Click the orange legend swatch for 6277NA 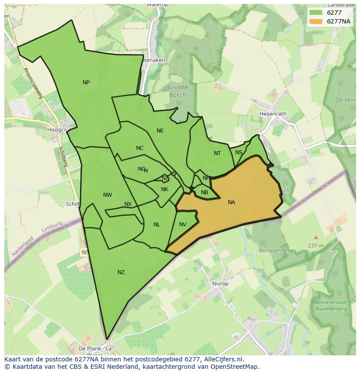[316, 21]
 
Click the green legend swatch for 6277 [316, 13]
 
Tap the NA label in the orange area [231, 202]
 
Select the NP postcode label [86, 83]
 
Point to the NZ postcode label [121, 272]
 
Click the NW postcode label [107, 195]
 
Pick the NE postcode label [160, 131]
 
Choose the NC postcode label [140, 148]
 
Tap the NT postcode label [217, 153]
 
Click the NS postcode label [239, 152]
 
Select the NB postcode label [204, 192]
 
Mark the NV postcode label [183, 225]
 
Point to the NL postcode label [157, 225]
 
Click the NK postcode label [164, 189]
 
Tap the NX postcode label [128, 204]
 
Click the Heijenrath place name [273, 114]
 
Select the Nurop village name [220, 284]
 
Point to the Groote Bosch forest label [177, 91]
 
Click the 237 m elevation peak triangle [316, 237]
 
